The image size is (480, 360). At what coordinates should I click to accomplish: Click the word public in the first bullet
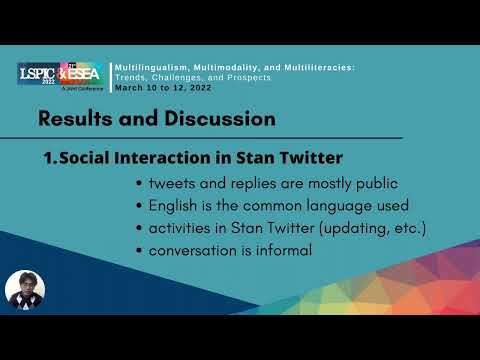[x=371, y=184]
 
